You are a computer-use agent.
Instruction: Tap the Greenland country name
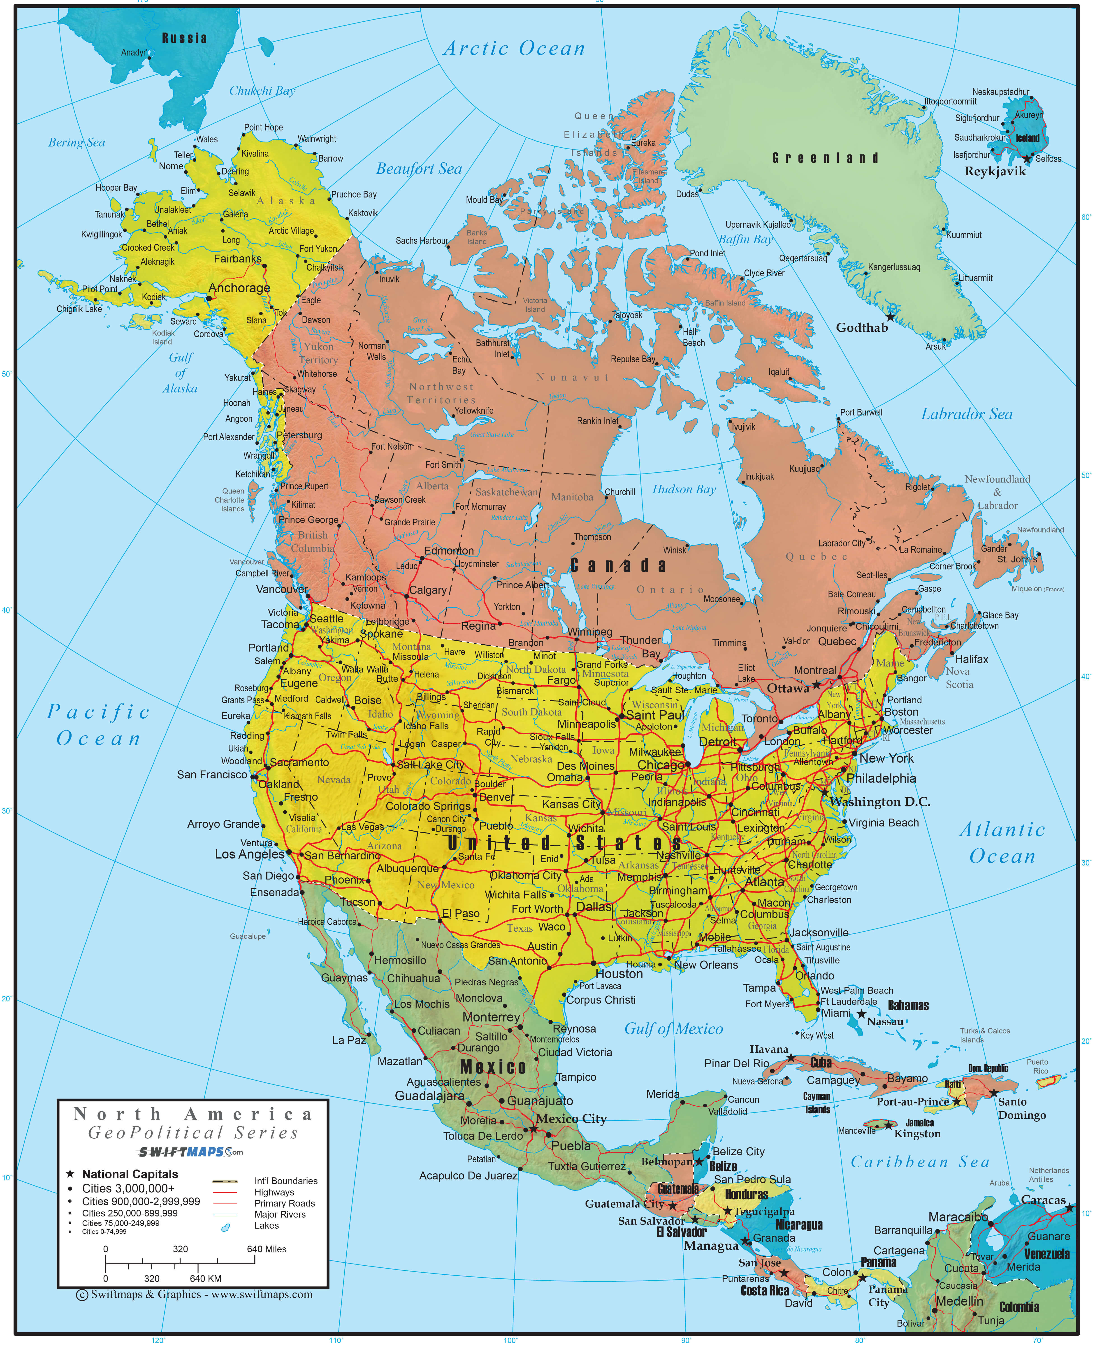click(x=825, y=158)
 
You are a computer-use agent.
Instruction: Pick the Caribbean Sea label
click(x=920, y=1162)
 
